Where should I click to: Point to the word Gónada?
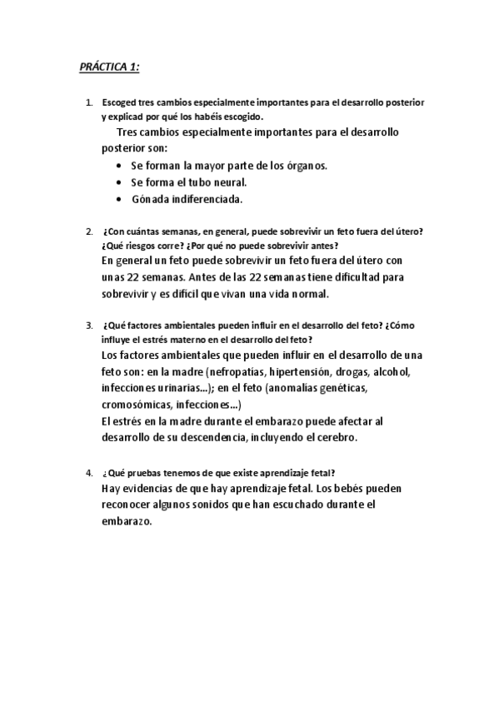click(150, 199)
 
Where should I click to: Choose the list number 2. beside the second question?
click(89, 231)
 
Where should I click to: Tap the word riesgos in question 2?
click(132, 246)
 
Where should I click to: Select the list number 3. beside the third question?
click(89, 325)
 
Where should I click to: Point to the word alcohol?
click(390, 371)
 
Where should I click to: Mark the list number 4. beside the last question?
click(89, 473)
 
